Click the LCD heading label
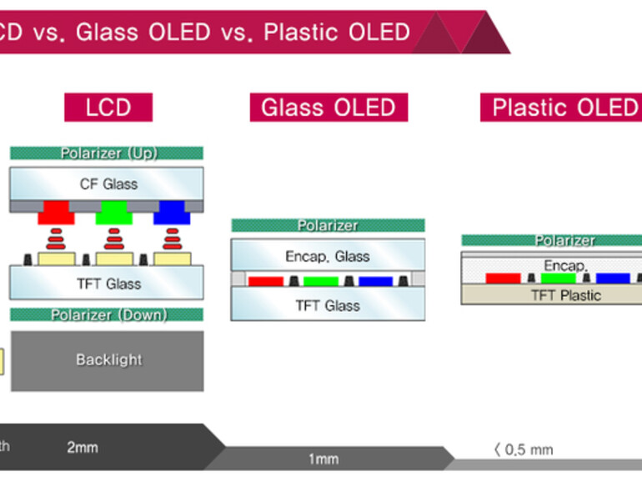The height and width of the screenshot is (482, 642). (x=108, y=108)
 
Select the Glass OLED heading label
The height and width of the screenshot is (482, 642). (x=329, y=108)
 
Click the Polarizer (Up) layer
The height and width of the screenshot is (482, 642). (x=107, y=153)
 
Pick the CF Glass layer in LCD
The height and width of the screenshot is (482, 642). (x=107, y=183)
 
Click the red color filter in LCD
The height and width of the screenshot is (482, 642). (x=56, y=212)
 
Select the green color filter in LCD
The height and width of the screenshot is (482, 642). (x=114, y=212)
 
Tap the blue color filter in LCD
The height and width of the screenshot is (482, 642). (x=172, y=212)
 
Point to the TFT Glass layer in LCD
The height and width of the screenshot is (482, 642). (x=107, y=284)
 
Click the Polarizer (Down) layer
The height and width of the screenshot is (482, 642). (x=107, y=314)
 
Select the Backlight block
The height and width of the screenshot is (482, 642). (x=107, y=360)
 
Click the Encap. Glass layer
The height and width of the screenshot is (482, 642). (x=328, y=256)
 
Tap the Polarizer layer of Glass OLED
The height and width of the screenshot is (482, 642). (x=328, y=225)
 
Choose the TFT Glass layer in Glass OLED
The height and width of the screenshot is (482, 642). (x=328, y=305)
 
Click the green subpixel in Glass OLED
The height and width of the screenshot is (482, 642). (x=321, y=281)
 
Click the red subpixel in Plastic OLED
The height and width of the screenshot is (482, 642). (x=503, y=278)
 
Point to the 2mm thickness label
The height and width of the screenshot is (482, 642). (x=83, y=448)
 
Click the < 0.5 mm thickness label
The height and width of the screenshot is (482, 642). (x=523, y=450)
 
